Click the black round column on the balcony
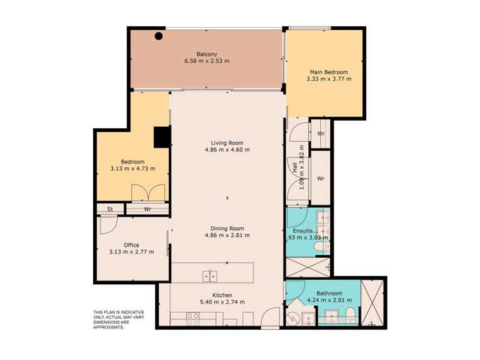(159, 36)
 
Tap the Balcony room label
(207, 54)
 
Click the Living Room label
(226, 142)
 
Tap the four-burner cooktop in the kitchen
(192, 316)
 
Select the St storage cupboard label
(109, 209)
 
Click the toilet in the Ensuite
(317, 246)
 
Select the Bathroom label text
(329, 293)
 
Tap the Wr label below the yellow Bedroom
(147, 209)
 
